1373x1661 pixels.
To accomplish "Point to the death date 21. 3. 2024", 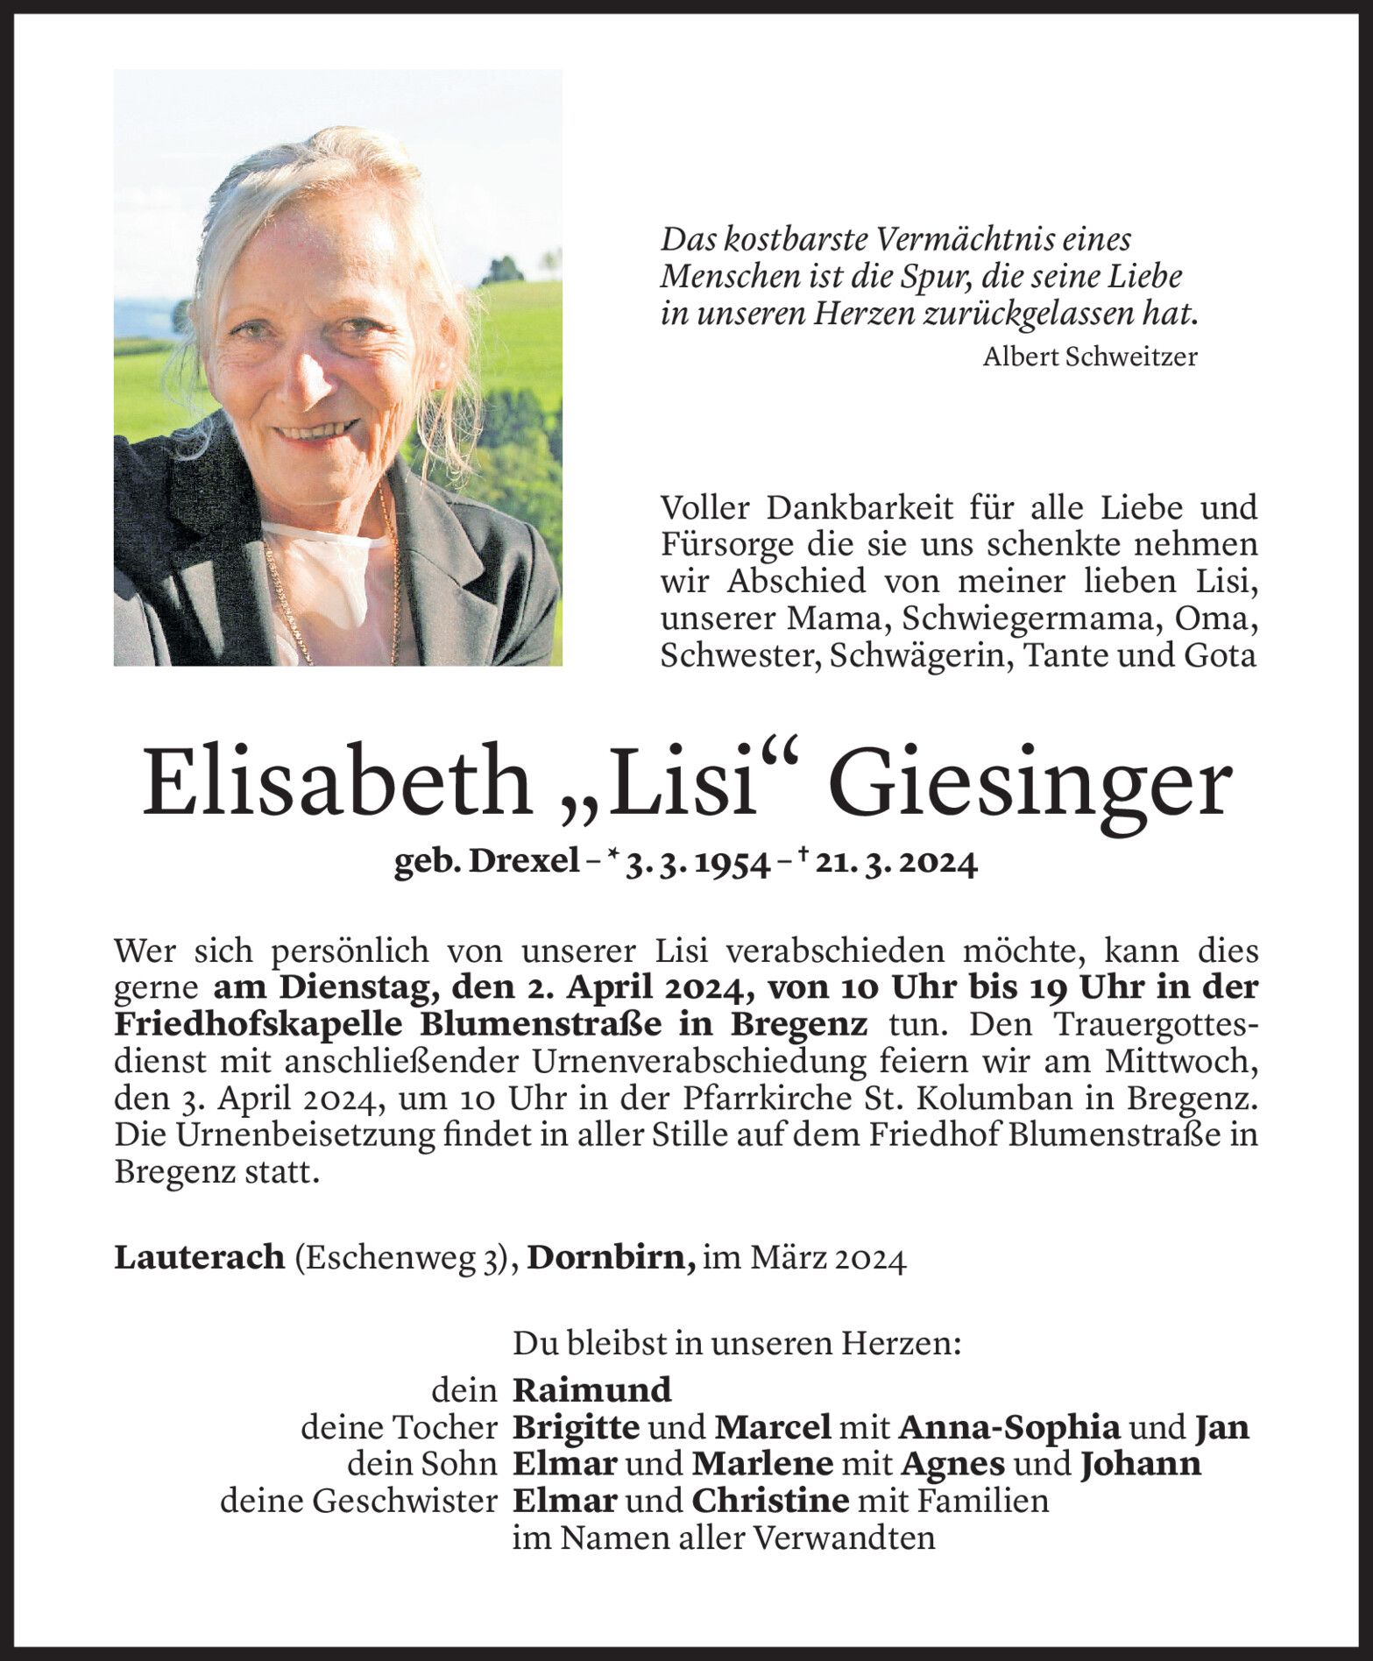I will (x=895, y=865).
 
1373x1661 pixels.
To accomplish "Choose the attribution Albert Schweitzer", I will (x=1089, y=357).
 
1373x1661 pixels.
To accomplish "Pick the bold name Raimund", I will (x=591, y=1389).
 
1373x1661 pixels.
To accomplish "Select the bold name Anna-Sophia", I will (x=1009, y=1427).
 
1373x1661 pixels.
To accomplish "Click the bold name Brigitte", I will (x=576, y=1427).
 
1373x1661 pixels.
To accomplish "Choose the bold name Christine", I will (x=770, y=1501).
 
